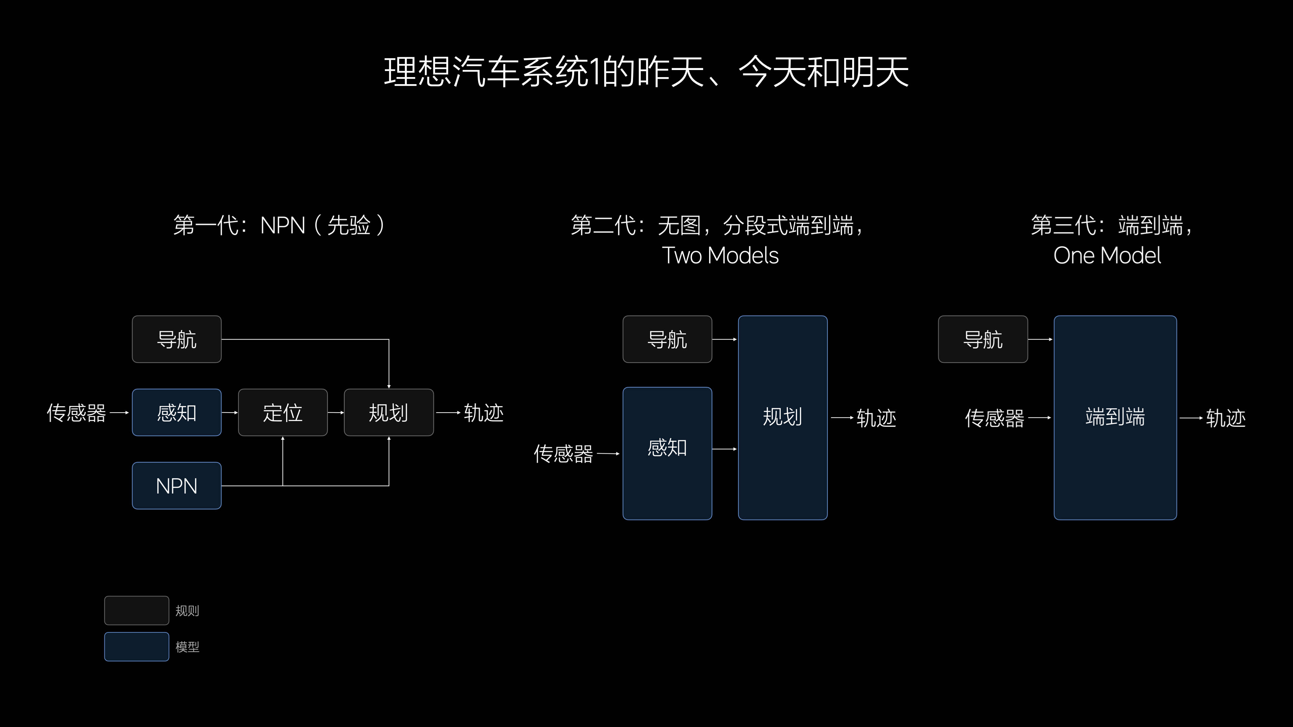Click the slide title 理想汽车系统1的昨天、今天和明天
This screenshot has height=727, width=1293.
tap(646, 72)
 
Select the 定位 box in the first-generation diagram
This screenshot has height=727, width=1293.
tap(283, 412)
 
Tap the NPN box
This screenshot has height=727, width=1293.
tap(177, 486)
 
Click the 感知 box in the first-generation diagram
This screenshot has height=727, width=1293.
tap(177, 412)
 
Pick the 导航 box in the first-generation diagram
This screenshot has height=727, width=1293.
tap(177, 339)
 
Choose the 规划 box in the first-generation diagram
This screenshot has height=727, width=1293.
tap(389, 412)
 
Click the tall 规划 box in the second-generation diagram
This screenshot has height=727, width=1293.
tap(783, 417)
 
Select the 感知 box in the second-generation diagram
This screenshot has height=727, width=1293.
tap(667, 454)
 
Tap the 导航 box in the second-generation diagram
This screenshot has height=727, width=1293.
tap(667, 339)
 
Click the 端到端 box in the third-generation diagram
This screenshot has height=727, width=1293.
tap(1115, 417)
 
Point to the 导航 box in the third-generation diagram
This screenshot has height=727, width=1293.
tap(983, 339)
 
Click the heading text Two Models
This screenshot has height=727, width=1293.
tap(720, 255)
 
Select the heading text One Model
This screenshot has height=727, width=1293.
tap(1107, 255)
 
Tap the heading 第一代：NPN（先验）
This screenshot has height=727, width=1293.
tap(279, 225)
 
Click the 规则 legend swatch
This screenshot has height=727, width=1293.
tap(136, 610)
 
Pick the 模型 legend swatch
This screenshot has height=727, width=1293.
tap(136, 647)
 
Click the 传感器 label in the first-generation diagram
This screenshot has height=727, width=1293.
tap(76, 413)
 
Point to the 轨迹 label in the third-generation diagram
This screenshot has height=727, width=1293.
tap(1226, 418)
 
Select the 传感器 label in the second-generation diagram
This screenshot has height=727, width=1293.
tap(563, 454)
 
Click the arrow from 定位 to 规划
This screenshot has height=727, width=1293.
tap(336, 412)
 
